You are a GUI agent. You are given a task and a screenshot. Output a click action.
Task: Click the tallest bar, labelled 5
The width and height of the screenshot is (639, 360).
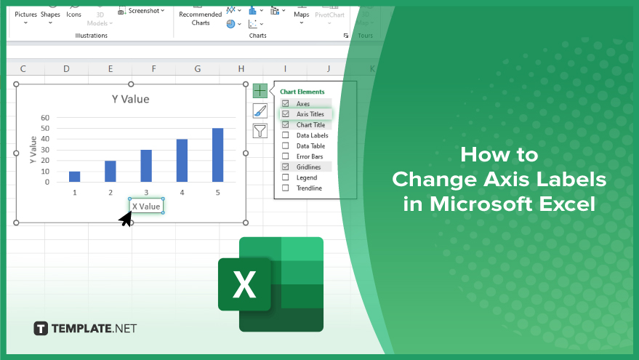coord(217,155)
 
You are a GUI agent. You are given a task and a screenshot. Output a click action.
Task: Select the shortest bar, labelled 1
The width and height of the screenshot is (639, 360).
coord(75,177)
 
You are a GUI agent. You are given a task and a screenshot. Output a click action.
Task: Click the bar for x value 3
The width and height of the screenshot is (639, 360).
coord(146,166)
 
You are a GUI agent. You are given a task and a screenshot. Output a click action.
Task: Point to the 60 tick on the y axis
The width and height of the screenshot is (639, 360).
coord(45,118)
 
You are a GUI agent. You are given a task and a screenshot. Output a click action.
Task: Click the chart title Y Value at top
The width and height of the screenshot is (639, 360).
coord(130,99)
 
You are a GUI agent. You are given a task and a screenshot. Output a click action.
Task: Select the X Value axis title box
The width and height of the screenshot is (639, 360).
coord(146,207)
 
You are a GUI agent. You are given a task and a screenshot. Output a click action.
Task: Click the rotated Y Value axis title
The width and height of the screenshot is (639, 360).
coord(33,150)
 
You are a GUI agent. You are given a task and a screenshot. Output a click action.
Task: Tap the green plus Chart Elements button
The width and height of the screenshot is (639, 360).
coord(260,90)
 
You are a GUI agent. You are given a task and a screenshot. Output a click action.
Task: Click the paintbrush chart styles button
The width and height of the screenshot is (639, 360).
coord(260,111)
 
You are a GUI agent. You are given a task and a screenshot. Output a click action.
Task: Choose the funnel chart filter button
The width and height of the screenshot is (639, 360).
coord(260,131)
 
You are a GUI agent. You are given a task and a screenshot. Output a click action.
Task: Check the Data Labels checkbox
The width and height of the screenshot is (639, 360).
coord(285,135)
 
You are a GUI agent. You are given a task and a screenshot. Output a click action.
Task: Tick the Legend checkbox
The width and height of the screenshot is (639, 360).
coord(285,177)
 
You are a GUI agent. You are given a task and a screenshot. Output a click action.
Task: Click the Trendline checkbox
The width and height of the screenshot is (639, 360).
coord(285,188)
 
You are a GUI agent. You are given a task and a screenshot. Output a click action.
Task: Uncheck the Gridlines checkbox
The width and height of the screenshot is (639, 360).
coord(285,167)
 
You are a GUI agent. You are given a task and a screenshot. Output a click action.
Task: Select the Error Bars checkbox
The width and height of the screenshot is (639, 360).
coord(285,156)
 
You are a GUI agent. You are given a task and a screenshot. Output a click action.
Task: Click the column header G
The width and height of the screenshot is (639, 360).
coord(197,69)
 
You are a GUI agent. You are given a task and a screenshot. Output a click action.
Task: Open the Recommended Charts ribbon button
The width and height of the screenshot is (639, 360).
coord(201,17)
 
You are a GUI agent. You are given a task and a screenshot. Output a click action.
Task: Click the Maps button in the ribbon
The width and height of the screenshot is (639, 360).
coord(302,15)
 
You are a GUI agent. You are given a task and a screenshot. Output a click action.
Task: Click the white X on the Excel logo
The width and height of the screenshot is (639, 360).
coord(244,284)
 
